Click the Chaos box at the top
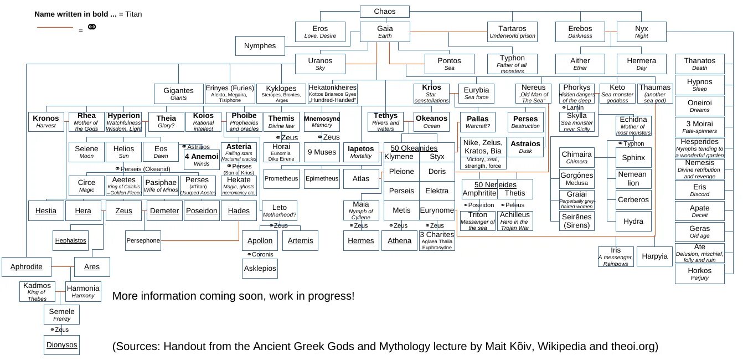(384, 12)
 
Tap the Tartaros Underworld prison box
(512, 32)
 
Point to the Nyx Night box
(641, 32)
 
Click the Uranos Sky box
(320, 64)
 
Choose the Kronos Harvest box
(45, 121)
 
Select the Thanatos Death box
(699, 64)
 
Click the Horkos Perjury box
(699, 274)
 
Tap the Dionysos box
(61, 344)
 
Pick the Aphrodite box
(26, 266)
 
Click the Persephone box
(143, 240)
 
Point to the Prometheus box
(281, 178)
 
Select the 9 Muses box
(322, 152)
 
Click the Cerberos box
(633, 200)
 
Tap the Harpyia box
(655, 256)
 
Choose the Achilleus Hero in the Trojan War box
(515, 220)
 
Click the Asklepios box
(259, 268)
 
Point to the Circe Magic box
(86, 186)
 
